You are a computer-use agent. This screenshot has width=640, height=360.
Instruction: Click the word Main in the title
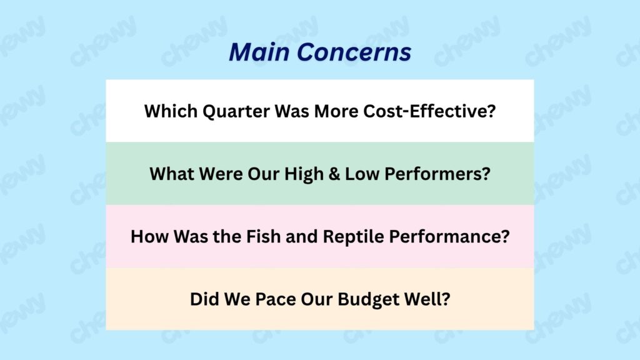[x=259, y=52]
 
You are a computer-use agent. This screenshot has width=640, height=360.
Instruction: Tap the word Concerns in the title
[x=354, y=52]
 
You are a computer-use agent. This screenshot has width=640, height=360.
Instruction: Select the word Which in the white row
[x=171, y=111]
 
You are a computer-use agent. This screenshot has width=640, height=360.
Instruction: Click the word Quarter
[x=236, y=112]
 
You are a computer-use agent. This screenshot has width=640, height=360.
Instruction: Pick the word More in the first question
[x=336, y=111]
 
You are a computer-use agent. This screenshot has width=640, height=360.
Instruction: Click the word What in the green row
[x=172, y=174]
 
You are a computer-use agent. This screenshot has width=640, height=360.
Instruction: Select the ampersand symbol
[x=334, y=174]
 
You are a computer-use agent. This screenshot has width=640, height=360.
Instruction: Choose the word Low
[x=362, y=174]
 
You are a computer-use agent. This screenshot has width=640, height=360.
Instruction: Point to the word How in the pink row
[x=149, y=236]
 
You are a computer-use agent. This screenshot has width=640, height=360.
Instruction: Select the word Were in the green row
[x=221, y=174]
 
